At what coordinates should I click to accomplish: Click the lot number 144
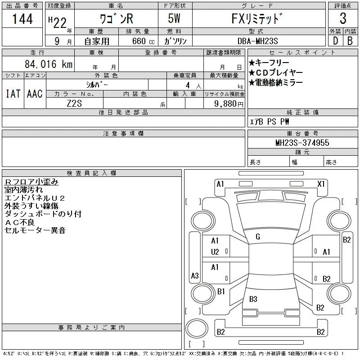(x=22, y=18)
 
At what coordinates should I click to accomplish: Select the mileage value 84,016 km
(x=49, y=64)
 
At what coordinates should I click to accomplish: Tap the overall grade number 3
(x=343, y=18)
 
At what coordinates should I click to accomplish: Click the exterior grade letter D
(x=335, y=41)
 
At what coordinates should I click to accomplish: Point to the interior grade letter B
(x=350, y=41)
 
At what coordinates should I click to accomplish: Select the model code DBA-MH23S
(x=257, y=41)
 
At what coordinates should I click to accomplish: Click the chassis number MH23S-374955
(x=302, y=143)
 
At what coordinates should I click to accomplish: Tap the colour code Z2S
(x=74, y=103)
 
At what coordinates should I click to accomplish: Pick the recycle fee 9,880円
(x=229, y=104)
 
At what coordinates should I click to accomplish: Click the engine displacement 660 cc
(x=143, y=41)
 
